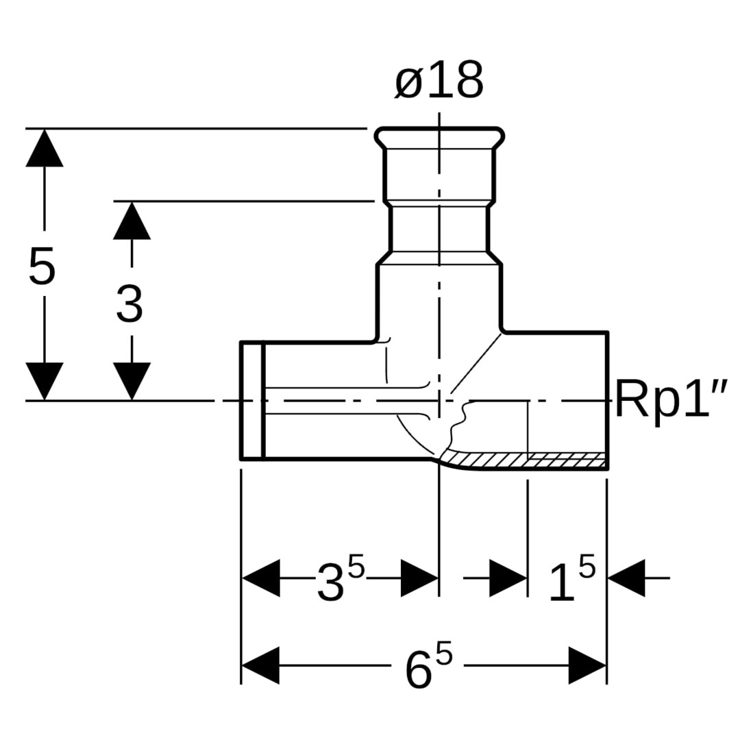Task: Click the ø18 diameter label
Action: (x=439, y=81)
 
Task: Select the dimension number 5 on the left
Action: (x=42, y=267)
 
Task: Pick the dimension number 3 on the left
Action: (x=129, y=304)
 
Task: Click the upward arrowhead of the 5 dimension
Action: (x=45, y=148)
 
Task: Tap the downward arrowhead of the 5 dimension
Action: (x=45, y=381)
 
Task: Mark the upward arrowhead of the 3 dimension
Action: (x=132, y=221)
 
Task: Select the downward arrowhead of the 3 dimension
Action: (x=132, y=381)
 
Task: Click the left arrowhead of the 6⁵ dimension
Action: (x=261, y=665)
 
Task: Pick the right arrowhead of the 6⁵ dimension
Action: (x=587, y=665)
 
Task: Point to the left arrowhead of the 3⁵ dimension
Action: (x=261, y=578)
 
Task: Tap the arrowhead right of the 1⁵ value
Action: (x=626, y=578)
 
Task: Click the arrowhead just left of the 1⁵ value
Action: (x=508, y=578)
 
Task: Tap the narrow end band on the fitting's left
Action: (x=251, y=401)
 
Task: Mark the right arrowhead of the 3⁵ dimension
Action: (x=419, y=578)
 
